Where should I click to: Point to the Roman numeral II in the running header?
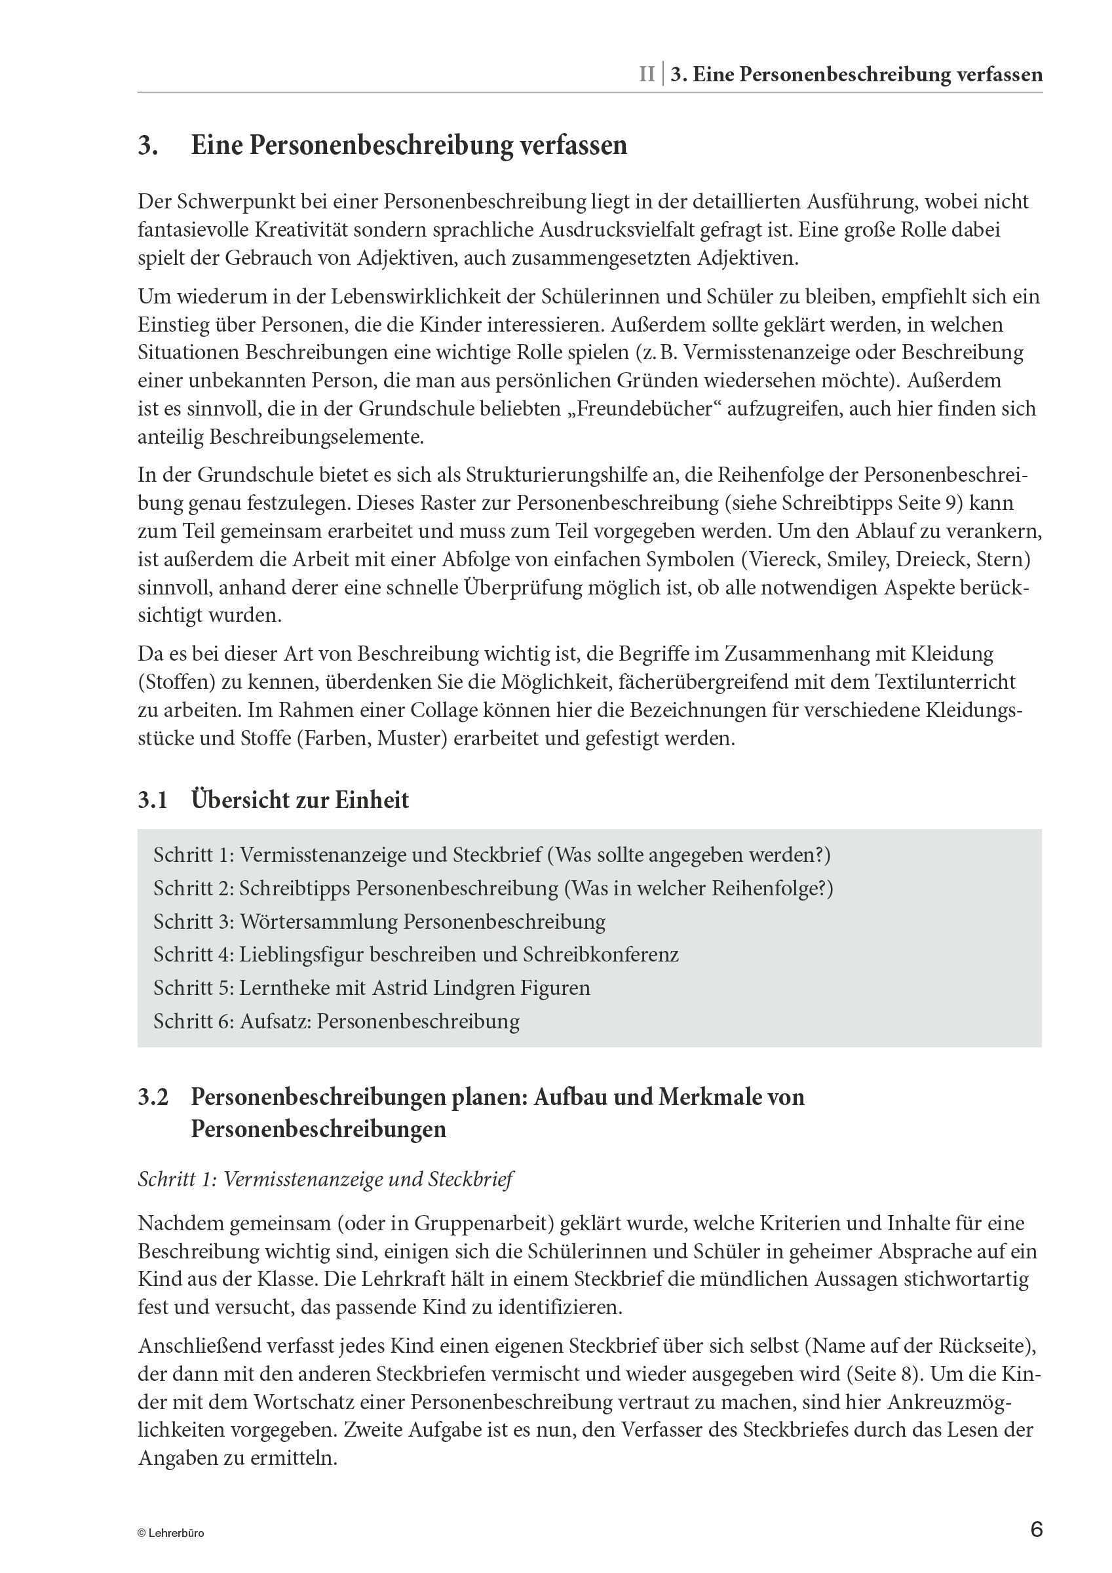click(x=646, y=74)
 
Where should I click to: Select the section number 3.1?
click(x=152, y=800)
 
